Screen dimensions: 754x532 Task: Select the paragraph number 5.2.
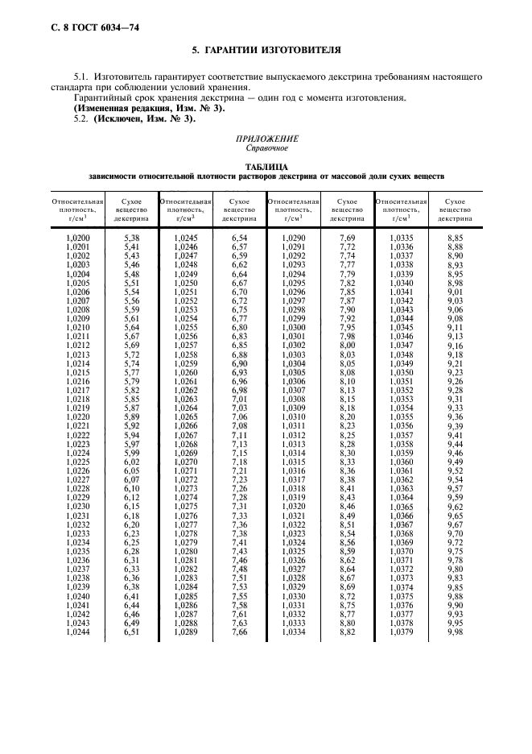click(x=81, y=118)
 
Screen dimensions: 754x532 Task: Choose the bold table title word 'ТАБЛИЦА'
click(x=266, y=167)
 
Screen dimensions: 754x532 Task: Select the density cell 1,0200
click(x=76, y=239)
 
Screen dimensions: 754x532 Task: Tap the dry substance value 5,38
click(x=131, y=239)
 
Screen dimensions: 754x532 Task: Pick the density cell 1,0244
click(x=76, y=633)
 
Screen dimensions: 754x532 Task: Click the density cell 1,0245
click(x=185, y=239)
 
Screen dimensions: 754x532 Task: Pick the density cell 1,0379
click(x=401, y=633)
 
